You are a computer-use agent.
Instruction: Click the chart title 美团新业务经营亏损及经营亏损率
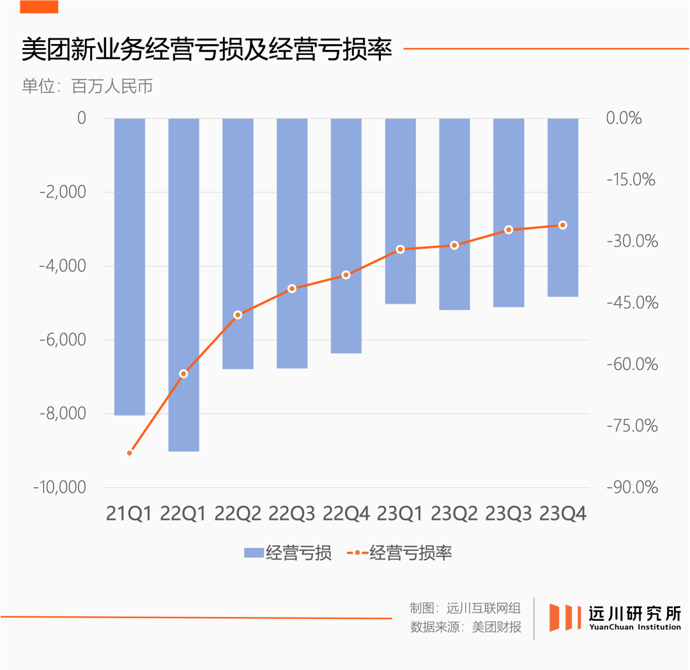[206, 50]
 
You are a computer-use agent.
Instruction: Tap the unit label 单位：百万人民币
[87, 87]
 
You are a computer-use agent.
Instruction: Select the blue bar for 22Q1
[183, 284]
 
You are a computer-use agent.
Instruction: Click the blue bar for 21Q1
[130, 267]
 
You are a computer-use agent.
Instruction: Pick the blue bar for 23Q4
[563, 207]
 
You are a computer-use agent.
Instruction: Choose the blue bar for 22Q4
[346, 235]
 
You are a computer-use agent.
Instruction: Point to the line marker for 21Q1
[130, 453]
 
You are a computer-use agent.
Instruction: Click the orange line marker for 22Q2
[238, 315]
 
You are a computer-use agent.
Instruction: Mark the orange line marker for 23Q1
[401, 249]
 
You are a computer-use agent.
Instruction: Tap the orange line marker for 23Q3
[509, 230]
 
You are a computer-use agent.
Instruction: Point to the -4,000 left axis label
[62, 266]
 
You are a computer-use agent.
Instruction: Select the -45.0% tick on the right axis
[632, 302]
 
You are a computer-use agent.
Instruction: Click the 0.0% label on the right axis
[624, 118]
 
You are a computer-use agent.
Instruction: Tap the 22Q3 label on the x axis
[292, 513]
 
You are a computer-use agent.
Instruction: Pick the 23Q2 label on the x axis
[454, 513]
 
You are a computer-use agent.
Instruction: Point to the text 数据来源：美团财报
[466, 627]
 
